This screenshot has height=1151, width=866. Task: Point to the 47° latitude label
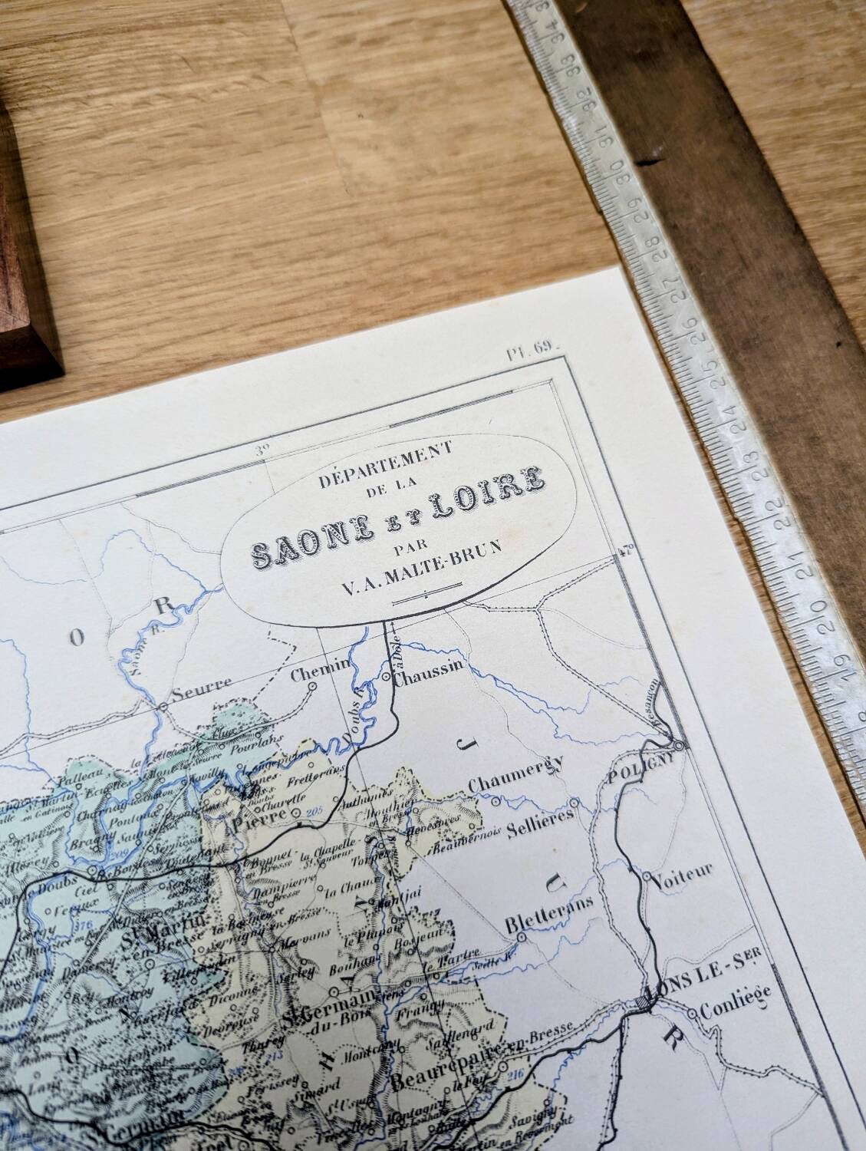point(626,549)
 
